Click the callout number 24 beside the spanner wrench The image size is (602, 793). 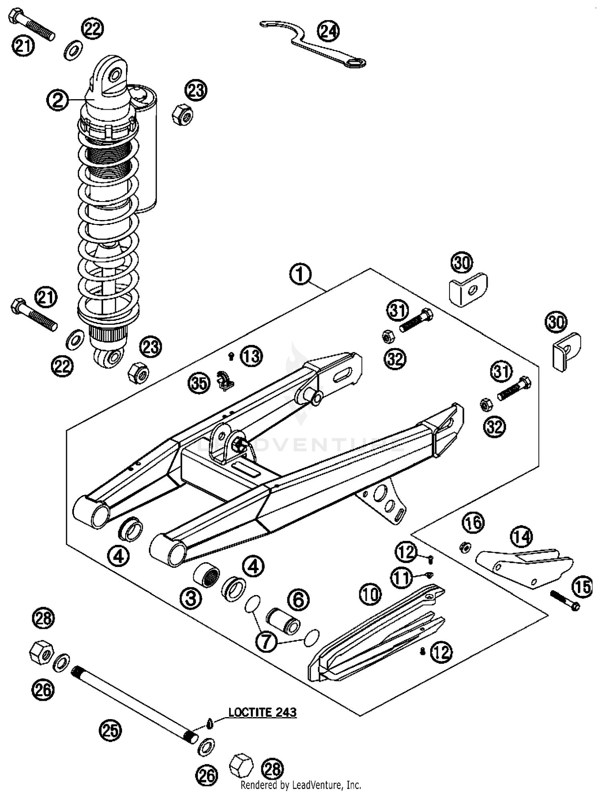328,31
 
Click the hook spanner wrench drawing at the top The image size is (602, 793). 313,44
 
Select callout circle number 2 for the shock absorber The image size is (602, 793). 57,100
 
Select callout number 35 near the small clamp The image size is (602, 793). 199,383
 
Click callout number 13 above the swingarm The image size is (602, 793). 252,356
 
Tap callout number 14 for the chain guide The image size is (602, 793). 522,537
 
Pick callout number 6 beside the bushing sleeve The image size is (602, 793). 299,599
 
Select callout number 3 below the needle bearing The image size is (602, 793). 191,598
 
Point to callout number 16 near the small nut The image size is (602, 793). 473,523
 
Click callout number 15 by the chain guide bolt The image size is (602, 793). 582,587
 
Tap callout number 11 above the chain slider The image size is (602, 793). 401,578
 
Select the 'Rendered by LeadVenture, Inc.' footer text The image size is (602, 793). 301,785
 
